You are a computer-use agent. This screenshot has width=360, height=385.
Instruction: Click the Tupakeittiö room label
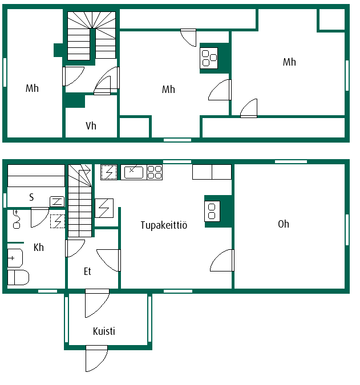164,225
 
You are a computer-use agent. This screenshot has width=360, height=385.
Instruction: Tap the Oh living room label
284,224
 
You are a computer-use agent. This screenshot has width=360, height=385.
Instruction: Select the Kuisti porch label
104,331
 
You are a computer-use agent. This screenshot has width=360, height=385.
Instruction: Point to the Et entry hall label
87,271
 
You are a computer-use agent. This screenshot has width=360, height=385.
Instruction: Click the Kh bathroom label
39,247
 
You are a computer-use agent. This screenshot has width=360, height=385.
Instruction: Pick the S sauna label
31,197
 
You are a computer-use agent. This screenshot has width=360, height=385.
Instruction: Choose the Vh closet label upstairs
91,125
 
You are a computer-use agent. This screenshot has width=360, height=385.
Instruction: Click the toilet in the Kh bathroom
18,277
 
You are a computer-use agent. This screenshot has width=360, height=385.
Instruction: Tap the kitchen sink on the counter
134,172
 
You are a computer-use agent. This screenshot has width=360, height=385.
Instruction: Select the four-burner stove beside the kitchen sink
155,172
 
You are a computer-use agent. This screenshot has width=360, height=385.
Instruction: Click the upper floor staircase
91,35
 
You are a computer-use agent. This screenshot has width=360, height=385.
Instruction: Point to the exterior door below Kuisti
97,359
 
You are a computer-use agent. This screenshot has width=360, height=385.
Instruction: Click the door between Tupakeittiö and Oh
222,260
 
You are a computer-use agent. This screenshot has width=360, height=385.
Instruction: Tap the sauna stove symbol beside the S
57,201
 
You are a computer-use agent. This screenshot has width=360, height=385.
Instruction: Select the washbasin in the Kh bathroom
15,258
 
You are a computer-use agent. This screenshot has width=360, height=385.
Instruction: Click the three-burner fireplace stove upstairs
209,58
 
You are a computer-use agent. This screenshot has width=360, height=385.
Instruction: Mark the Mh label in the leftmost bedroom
32,88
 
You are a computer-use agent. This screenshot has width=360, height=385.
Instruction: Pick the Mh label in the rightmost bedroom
289,62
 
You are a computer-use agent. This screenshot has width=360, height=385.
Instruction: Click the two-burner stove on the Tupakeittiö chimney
212,211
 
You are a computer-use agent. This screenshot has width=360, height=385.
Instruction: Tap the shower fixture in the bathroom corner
16,219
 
